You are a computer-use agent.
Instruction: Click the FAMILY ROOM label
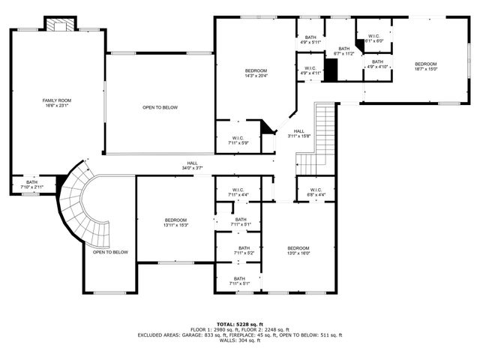tap(56, 103)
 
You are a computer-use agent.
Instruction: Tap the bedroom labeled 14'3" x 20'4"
tap(256, 72)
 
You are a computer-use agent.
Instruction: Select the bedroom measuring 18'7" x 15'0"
tap(425, 67)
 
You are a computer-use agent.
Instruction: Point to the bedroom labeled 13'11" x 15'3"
tap(175, 222)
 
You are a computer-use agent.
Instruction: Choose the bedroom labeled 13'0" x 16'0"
tap(298, 250)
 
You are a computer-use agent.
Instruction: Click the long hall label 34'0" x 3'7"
tap(193, 165)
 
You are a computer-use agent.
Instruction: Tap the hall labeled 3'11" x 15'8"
tap(298, 133)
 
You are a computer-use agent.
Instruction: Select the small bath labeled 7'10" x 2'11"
tap(32, 184)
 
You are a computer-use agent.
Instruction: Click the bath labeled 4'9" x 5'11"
tap(310, 40)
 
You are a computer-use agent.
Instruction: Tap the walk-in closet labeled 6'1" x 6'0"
tap(373, 39)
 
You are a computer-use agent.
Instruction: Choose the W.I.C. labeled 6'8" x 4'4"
tap(315, 192)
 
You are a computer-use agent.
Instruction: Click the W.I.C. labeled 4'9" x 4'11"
tap(310, 71)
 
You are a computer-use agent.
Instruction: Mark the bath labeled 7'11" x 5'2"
tap(244, 250)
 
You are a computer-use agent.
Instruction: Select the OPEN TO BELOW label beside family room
tap(160, 108)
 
